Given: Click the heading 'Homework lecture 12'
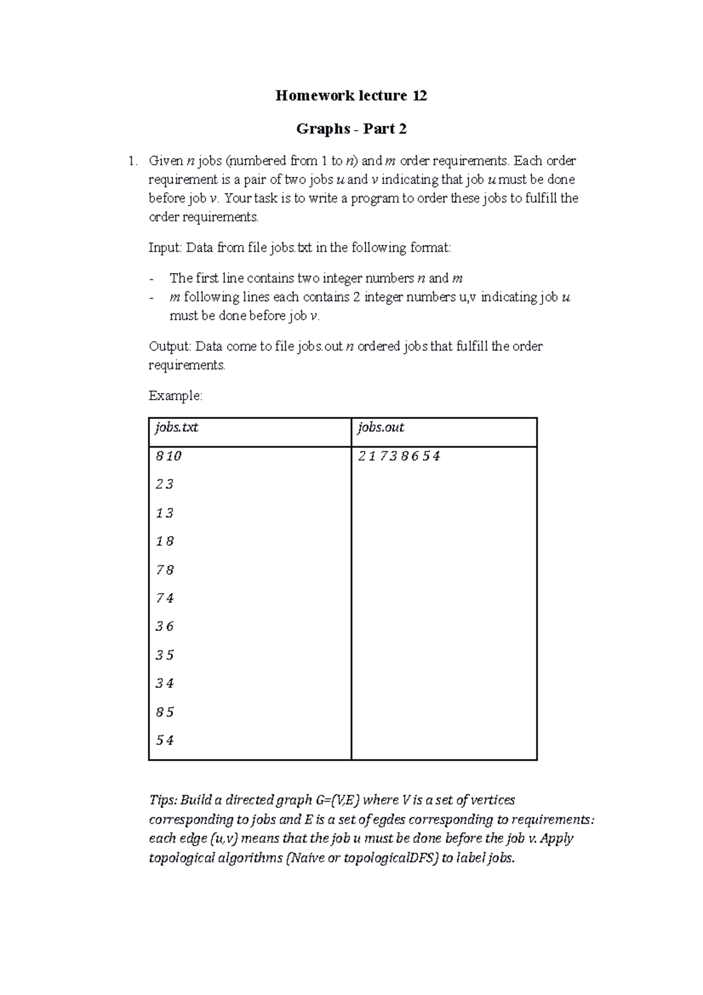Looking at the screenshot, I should pyautogui.click(x=351, y=96).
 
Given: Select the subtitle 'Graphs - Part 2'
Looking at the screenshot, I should pyautogui.click(x=351, y=128).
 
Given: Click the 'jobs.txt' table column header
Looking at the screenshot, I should pyautogui.click(x=176, y=428).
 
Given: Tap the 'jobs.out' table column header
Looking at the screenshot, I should pyautogui.click(x=381, y=428).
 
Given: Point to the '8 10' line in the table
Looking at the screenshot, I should pyautogui.click(x=169, y=456).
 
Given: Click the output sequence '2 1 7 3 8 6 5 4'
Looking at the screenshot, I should pyautogui.click(x=398, y=456).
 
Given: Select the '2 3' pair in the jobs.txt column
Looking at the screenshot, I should pyautogui.click(x=165, y=485).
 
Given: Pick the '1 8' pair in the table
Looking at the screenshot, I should pyautogui.click(x=165, y=541).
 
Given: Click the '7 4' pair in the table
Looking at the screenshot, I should pyautogui.click(x=165, y=598).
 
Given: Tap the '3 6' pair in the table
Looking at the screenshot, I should pyautogui.click(x=165, y=627).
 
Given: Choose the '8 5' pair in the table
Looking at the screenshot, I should pyautogui.click(x=165, y=713).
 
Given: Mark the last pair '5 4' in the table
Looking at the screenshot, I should pyautogui.click(x=165, y=741).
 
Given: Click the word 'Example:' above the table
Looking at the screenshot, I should pyautogui.click(x=175, y=396).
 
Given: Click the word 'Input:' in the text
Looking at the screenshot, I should pyautogui.click(x=165, y=248).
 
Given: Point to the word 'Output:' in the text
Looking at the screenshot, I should pyautogui.click(x=170, y=346).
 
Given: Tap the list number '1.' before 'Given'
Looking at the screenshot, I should pyautogui.click(x=134, y=161).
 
